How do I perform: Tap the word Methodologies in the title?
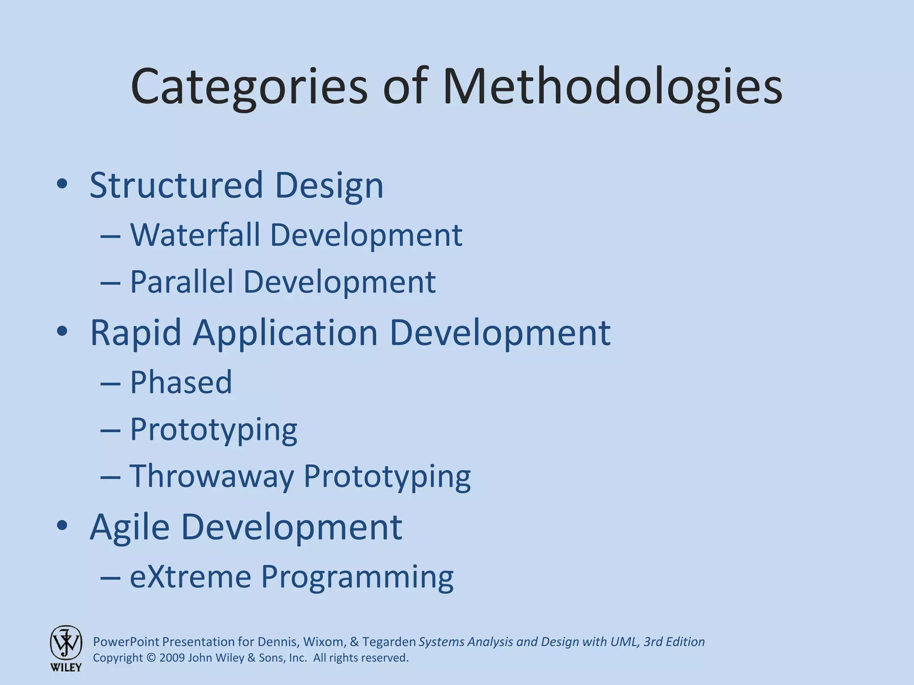click(612, 86)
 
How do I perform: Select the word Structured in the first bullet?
click(176, 185)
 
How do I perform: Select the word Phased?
click(181, 382)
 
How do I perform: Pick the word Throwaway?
click(212, 476)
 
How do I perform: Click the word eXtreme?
click(191, 576)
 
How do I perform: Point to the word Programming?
click(357, 577)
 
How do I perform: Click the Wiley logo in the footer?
click(66, 648)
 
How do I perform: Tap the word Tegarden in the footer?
click(389, 642)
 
